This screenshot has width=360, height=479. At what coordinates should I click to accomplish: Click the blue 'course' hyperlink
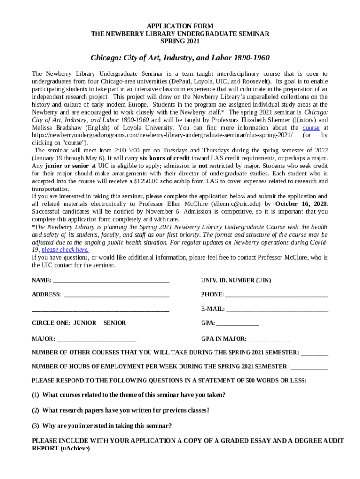(311, 128)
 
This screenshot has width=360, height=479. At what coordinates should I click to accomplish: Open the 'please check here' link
(65, 250)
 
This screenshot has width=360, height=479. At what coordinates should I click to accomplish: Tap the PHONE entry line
(276, 295)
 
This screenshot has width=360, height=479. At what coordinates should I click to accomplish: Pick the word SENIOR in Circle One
(115, 323)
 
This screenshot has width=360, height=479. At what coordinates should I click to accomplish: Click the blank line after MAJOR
(96, 339)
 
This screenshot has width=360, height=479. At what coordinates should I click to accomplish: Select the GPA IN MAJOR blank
(269, 339)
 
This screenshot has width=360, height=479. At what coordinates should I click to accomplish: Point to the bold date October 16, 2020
(301, 204)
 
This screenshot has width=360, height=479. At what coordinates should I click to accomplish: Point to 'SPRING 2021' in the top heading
(180, 41)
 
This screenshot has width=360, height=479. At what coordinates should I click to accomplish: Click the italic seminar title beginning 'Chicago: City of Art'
(180, 58)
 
